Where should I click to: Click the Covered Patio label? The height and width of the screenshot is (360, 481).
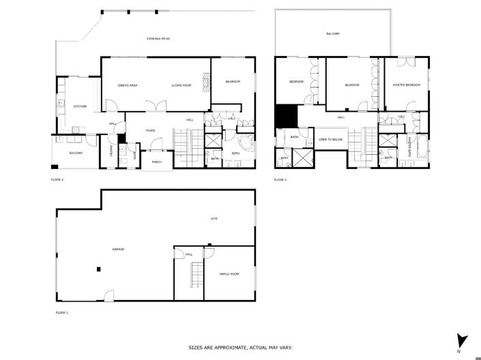[x=158, y=39]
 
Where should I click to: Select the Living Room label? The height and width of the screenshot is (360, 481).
[x=181, y=86]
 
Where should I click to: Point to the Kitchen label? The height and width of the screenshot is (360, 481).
[x=80, y=106]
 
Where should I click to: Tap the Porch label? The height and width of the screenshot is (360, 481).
[x=156, y=162]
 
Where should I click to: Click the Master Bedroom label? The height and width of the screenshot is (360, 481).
[x=406, y=85]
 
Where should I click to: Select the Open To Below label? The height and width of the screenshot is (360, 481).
[x=330, y=139]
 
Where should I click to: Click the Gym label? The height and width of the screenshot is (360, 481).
[x=213, y=219]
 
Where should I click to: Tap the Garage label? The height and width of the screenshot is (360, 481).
[x=118, y=249]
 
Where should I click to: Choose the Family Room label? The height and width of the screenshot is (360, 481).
[x=229, y=273]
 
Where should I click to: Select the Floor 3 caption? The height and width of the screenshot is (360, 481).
[x=280, y=180]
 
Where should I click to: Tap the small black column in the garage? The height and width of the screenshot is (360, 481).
[x=99, y=269]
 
